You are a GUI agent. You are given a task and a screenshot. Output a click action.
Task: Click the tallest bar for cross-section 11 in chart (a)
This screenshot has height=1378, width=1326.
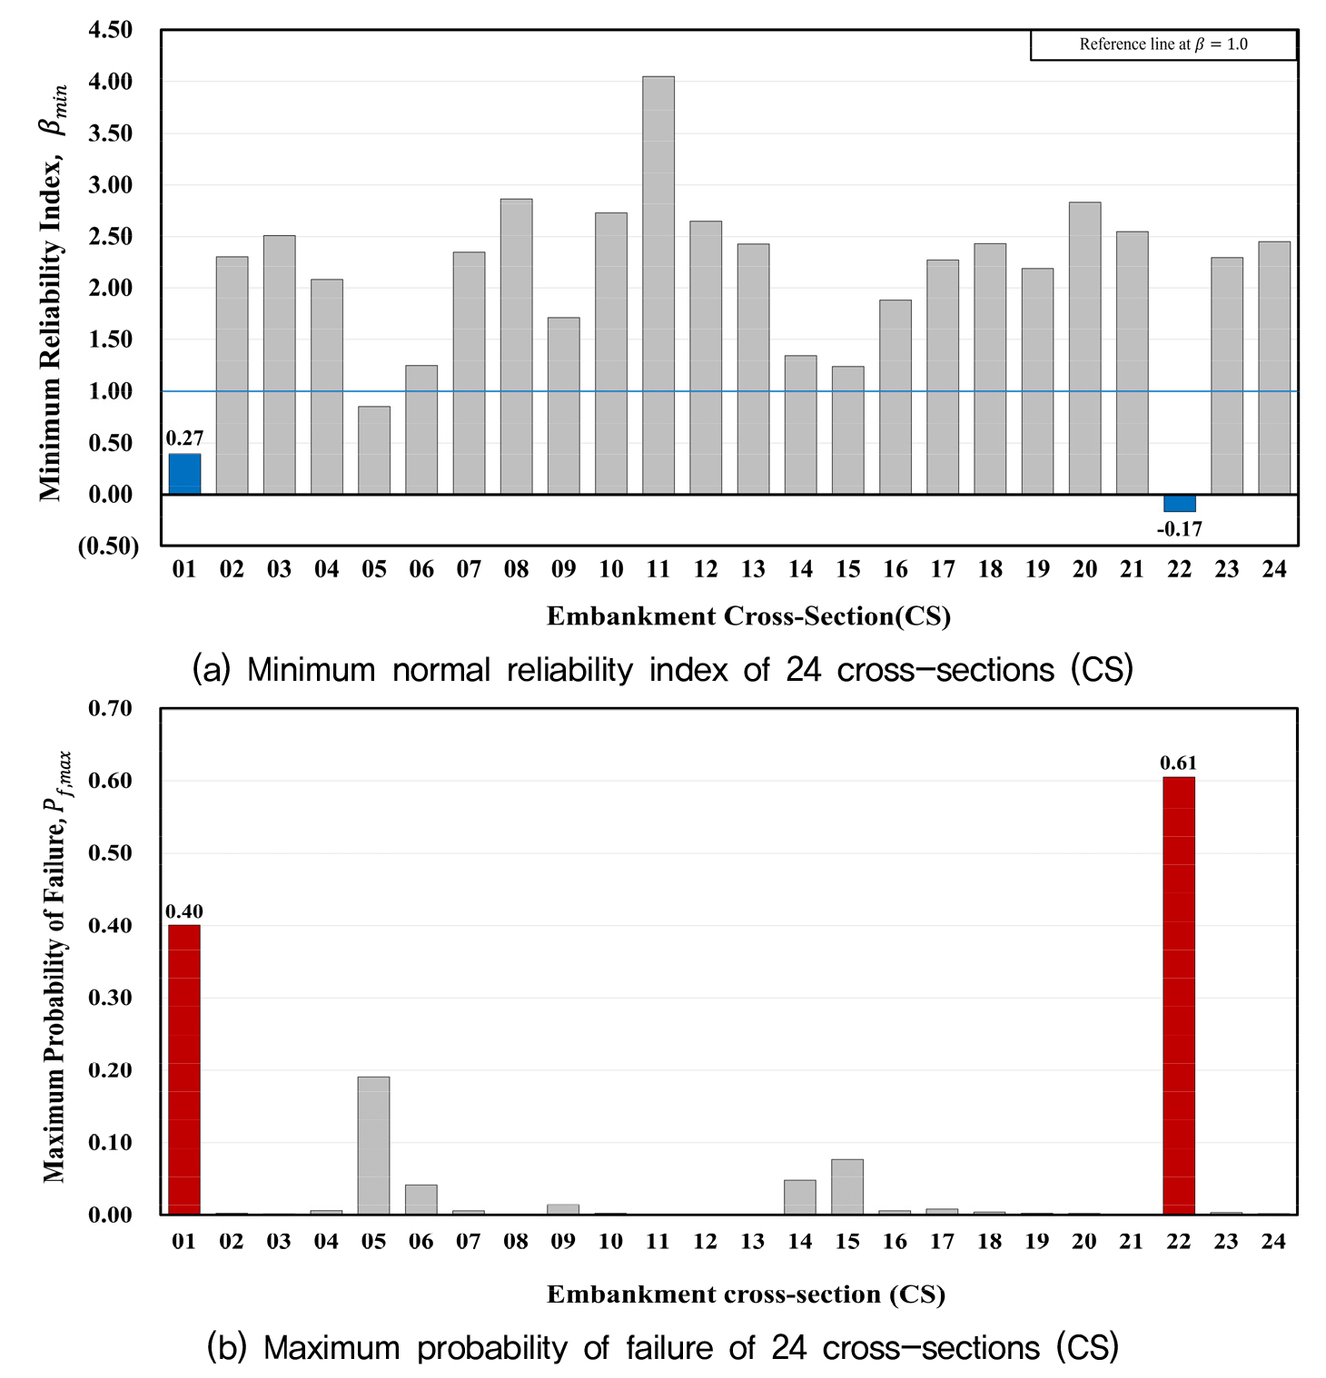(658, 285)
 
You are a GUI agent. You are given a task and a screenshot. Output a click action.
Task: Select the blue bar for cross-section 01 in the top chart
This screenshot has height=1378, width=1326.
(184, 474)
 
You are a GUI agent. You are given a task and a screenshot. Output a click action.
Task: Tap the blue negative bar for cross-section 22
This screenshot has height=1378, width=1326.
(1180, 503)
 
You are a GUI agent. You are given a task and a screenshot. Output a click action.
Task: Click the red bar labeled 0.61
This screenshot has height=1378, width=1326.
(1179, 996)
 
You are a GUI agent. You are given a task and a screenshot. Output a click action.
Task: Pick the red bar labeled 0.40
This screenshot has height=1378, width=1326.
(184, 1069)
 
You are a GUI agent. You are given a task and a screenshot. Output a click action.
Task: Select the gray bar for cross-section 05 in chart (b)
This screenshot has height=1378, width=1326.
(373, 1146)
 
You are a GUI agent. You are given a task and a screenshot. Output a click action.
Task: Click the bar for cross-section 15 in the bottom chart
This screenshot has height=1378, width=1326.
(847, 1186)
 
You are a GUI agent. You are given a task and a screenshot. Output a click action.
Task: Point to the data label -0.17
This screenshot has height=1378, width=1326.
(1180, 529)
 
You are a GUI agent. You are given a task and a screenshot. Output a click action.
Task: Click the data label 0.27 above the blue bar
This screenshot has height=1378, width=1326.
(184, 438)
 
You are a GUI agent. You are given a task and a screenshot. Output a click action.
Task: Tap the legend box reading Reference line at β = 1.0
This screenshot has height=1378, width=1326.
(1163, 44)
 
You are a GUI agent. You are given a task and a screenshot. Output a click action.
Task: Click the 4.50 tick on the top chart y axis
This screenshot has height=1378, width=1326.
(110, 30)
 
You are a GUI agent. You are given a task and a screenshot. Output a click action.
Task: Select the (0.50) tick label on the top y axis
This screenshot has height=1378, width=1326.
(108, 546)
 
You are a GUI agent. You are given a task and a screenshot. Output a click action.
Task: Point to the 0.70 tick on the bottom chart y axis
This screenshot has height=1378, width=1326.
(110, 708)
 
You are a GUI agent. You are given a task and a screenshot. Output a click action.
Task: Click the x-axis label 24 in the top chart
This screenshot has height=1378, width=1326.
(1274, 569)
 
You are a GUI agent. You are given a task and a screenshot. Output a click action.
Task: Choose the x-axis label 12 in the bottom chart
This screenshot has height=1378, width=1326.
(706, 1241)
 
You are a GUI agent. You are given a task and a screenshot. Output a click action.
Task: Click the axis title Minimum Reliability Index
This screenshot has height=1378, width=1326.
(53, 292)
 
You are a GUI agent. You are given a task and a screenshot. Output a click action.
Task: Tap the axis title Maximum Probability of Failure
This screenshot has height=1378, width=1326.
(56, 967)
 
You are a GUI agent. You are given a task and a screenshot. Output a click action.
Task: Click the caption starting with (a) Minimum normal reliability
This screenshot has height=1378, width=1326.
(663, 670)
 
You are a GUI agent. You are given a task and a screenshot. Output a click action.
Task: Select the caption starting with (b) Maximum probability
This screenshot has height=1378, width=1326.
(663, 1347)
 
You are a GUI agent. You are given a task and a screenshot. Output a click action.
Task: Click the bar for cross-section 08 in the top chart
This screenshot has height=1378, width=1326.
(516, 347)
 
